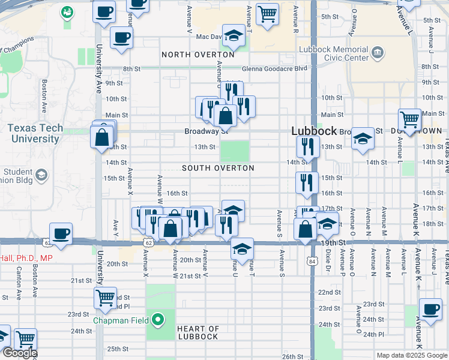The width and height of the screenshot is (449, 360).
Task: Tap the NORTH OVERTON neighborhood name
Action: (x=197, y=55)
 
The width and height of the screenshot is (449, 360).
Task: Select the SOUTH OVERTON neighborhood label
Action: (x=218, y=169)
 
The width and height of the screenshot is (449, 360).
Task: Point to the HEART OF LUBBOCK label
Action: (x=197, y=332)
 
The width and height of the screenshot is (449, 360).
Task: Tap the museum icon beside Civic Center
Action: (x=378, y=53)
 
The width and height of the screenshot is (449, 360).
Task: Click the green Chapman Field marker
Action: (x=158, y=320)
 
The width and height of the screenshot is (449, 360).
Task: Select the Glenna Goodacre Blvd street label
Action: (x=282, y=68)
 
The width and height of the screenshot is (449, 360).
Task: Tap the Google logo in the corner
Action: (x=20, y=353)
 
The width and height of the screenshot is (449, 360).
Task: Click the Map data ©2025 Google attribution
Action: (x=412, y=355)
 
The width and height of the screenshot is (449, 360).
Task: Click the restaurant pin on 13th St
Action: (x=307, y=146)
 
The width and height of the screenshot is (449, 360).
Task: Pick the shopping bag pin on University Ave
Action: (x=101, y=136)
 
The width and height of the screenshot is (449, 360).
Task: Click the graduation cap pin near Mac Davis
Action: (x=234, y=35)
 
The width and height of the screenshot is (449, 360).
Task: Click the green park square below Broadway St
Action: (x=235, y=151)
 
